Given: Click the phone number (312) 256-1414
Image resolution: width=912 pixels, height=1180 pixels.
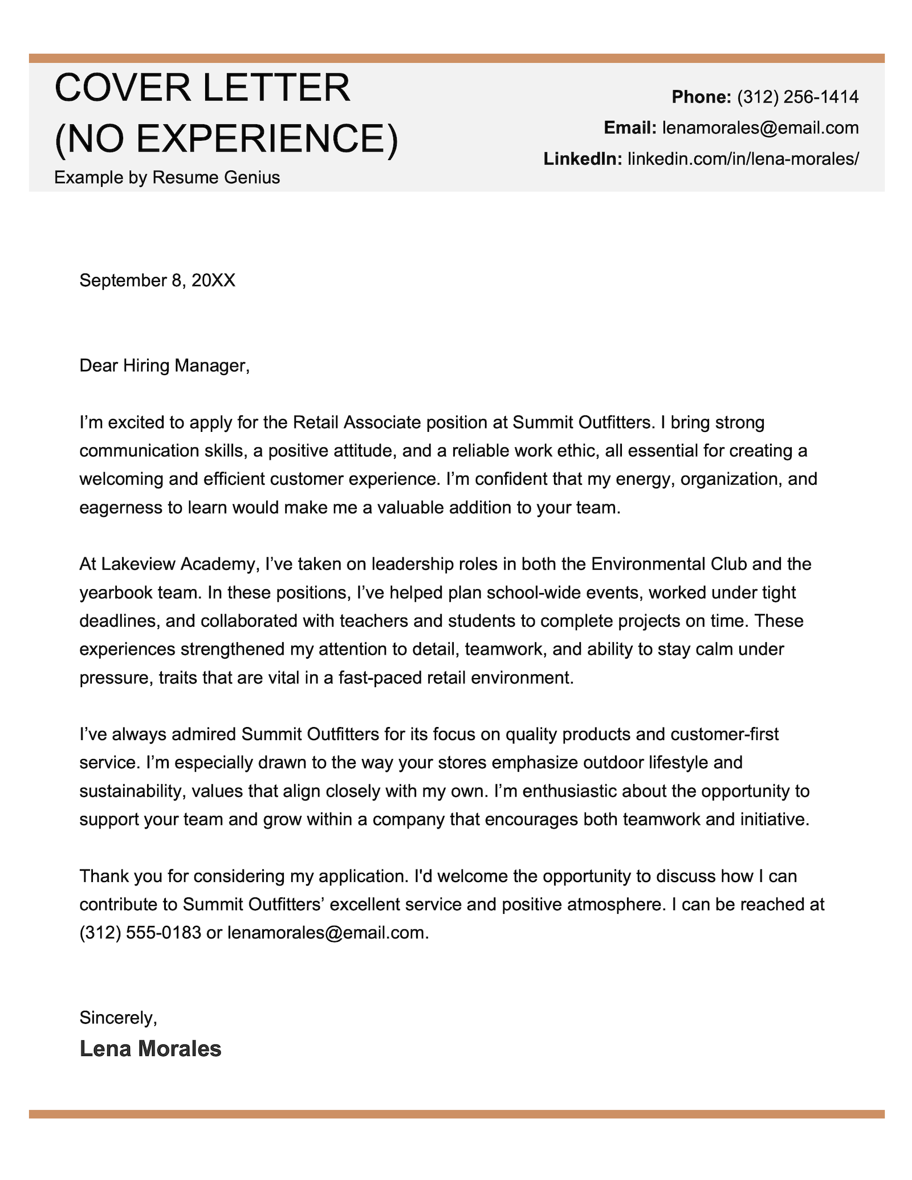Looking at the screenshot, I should tap(797, 97).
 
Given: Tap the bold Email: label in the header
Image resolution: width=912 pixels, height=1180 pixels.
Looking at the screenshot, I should tap(630, 128).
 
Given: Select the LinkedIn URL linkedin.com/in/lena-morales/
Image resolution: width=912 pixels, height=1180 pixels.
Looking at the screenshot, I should tap(743, 158).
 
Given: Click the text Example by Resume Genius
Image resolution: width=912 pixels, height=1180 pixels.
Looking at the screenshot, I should tap(167, 178).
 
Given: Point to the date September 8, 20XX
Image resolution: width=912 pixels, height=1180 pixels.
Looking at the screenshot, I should tap(157, 280).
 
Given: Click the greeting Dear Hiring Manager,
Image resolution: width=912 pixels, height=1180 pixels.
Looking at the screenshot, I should tap(165, 365).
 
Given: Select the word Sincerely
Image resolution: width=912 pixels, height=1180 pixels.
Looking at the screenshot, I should tap(117, 1017).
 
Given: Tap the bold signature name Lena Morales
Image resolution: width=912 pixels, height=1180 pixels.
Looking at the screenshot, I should tap(150, 1049).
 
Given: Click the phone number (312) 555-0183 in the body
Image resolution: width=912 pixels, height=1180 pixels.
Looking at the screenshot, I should tap(140, 932).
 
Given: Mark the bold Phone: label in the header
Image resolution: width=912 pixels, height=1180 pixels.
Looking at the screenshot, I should tap(701, 97).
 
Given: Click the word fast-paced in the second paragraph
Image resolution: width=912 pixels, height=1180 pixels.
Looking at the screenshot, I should tap(380, 677).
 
